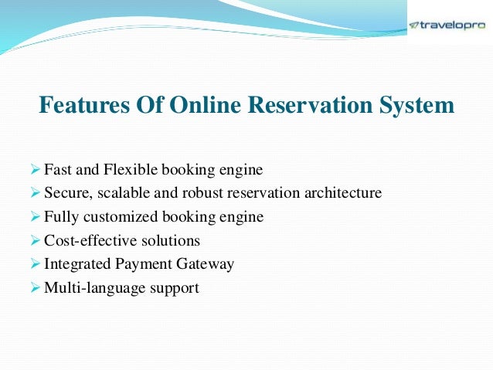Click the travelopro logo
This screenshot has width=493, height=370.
(x=447, y=25)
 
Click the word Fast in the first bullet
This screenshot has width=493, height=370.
(x=57, y=169)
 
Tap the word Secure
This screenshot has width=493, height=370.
(x=66, y=193)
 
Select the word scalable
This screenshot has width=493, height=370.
(x=122, y=193)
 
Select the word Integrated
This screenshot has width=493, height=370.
(x=76, y=265)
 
